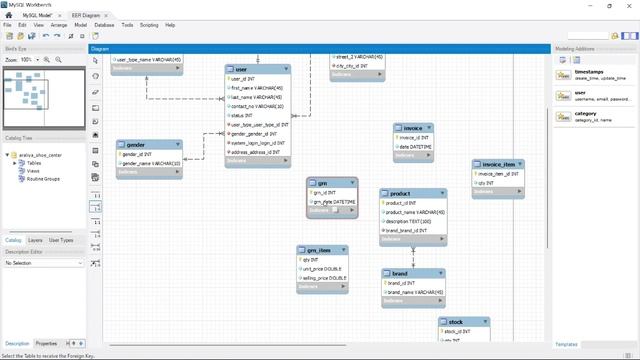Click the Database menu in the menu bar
click(x=104, y=24)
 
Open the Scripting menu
click(x=149, y=24)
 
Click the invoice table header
click(x=412, y=129)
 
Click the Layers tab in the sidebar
click(x=35, y=240)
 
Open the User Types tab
click(x=61, y=240)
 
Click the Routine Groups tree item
click(x=44, y=179)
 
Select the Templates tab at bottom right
click(x=567, y=343)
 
